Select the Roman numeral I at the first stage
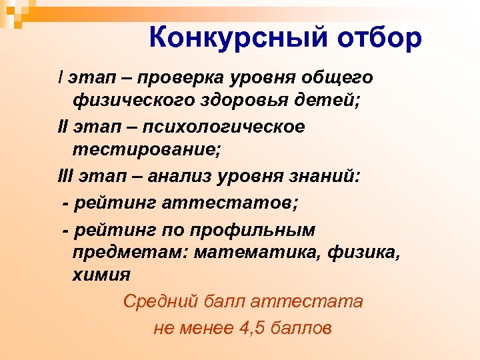pos(61,78)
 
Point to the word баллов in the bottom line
pos(300,328)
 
